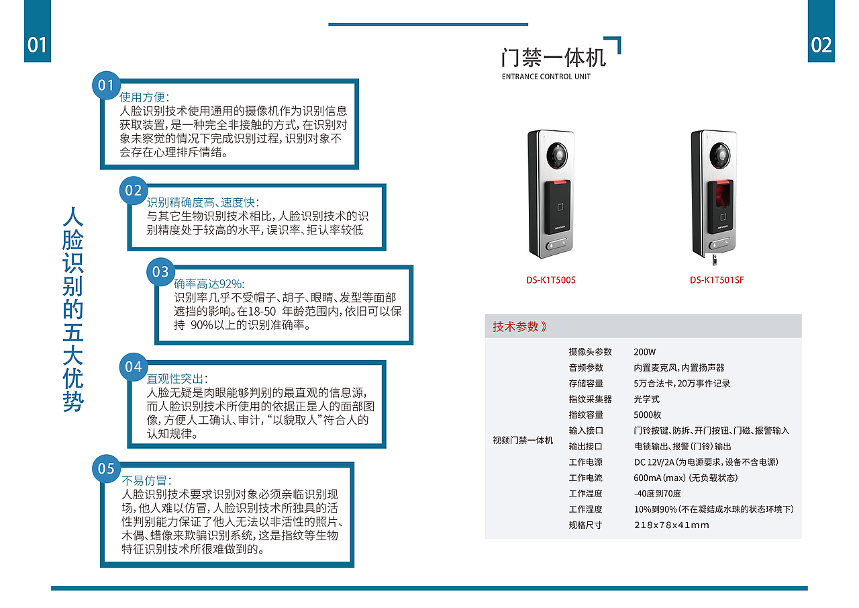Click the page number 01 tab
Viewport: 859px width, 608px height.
38,44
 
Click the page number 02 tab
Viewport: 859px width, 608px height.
821,44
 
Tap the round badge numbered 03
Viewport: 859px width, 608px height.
160,271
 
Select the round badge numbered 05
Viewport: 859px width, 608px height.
107,468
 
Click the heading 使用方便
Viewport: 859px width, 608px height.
144,97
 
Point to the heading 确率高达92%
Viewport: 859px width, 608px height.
209,284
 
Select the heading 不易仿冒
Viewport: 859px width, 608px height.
146,480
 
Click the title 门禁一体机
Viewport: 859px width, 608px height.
553,57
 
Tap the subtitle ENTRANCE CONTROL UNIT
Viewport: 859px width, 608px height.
546,77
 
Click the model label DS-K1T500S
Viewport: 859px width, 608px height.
550,280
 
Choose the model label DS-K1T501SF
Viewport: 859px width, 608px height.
717,280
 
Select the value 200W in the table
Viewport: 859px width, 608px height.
644,352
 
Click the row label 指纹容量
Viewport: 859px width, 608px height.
586,415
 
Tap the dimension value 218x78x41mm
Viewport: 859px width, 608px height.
671,525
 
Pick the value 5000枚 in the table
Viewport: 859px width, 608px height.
648,415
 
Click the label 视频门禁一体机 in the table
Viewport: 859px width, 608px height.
523,440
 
